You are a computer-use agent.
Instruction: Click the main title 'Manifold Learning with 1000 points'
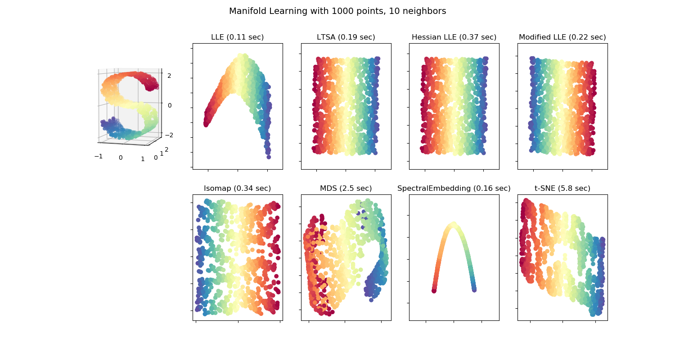[337, 11]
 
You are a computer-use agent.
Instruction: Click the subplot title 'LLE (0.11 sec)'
[238, 37]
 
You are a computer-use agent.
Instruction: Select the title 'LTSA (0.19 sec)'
[346, 37]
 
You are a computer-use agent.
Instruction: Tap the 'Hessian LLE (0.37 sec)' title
[454, 37]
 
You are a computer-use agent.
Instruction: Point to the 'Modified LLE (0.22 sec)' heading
[562, 37]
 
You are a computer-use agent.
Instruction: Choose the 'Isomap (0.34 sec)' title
[238, 188]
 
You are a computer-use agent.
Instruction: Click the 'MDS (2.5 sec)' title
[346, 188]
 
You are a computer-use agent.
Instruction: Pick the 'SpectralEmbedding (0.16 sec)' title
[454, 188]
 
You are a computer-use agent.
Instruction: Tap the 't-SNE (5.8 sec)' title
[562, 188]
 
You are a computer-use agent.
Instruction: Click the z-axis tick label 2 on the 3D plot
[169, 76]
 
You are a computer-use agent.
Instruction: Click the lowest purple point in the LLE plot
[269, 157]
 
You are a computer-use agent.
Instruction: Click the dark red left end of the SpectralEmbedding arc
[434, 291]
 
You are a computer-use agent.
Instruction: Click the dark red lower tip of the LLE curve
[206, 125]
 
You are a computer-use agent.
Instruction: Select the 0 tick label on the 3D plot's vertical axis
[170, 105]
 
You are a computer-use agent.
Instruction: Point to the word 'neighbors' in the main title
[427, 11]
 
